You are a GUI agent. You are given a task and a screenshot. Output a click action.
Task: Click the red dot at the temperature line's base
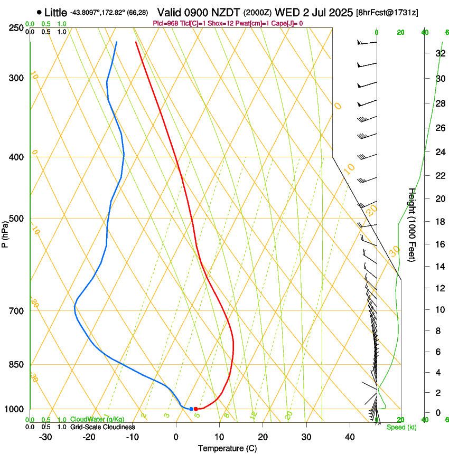coord(196,409)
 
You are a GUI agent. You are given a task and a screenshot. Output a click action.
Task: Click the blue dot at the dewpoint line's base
coord(191,409)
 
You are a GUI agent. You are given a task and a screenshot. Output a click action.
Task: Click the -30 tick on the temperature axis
coord(45,437)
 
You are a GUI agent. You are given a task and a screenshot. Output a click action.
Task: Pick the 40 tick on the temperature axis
coord(349,437)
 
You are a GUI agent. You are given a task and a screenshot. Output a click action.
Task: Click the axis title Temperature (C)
coord(227,448)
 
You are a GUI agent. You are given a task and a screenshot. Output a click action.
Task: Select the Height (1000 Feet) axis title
coord(412,224)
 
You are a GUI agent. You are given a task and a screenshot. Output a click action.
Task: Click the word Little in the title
coord(55,12)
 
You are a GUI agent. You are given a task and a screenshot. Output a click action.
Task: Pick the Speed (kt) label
coord(401,427)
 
